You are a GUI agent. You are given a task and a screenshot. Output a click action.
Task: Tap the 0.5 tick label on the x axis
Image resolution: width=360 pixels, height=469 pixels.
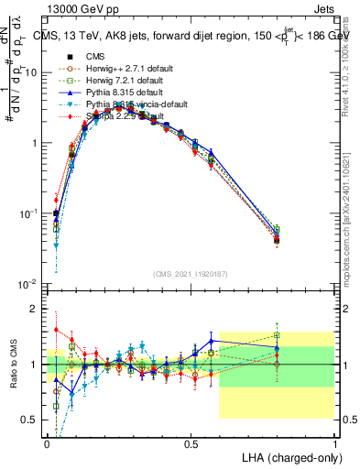(x=191, y=443)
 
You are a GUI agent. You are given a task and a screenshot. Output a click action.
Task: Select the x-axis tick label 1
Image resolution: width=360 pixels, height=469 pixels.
(x=335, y=443)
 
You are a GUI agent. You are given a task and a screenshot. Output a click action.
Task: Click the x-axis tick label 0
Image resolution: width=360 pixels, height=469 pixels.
(x=47, y=443)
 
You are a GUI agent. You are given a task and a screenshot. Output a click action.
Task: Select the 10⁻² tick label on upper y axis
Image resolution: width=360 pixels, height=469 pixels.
(x=29, y=284)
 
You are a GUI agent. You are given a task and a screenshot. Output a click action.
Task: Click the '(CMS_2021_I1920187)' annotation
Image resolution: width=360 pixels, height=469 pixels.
(x=191, y=273)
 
